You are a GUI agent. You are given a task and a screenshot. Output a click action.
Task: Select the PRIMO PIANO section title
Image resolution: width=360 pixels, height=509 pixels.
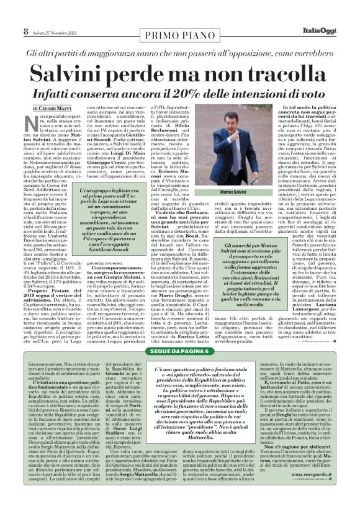[180, 32]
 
